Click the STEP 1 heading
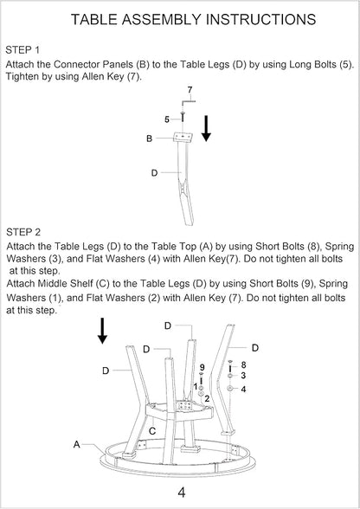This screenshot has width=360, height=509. pos(22,50)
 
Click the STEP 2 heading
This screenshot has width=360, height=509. pos(23,232)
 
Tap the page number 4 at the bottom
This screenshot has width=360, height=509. pos(182,492)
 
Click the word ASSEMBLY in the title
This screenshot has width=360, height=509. pos(162,19)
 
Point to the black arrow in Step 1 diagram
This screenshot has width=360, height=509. pos(206,128)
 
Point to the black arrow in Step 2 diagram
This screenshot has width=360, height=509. pos(103,331)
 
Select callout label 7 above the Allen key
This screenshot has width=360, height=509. pos(190,90)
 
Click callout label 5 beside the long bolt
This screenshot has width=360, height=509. pos(167,119)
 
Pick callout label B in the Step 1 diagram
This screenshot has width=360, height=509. pos(150,139)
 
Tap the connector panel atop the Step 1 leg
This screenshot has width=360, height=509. pos(183,137)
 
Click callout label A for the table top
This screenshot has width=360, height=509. pos(77,444)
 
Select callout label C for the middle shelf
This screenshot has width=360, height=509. pos(152,431)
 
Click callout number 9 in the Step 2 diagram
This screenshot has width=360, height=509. pos(202,367)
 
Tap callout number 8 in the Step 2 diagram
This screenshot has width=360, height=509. pos(243,365)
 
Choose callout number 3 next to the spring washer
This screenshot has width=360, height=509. pos(243,376)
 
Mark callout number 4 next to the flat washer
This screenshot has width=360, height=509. pos(244,389)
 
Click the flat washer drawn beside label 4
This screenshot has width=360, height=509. pos(230,389)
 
